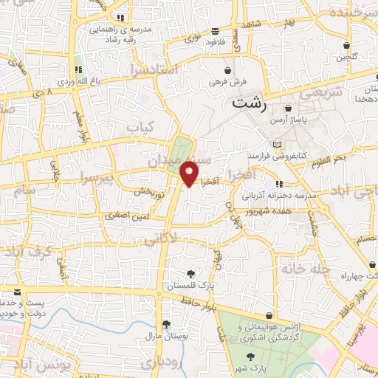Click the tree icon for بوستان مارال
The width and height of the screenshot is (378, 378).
(166, 324)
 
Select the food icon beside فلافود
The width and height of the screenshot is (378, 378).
(215, 31)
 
